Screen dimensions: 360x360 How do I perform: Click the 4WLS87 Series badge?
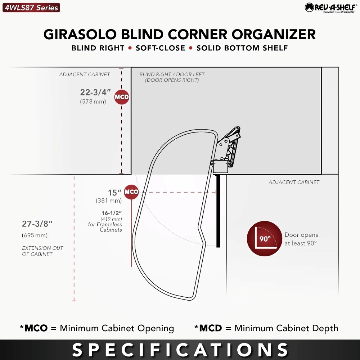coord(31,8)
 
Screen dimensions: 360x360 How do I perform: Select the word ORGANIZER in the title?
coord(274,35)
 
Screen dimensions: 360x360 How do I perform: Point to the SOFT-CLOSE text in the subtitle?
coord(160,48)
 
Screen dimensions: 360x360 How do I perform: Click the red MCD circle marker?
coord(122,97)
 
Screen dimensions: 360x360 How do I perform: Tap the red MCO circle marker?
coord(131,192)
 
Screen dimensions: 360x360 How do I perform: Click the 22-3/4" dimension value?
coord(95,92)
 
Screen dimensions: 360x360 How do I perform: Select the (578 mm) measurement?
coord(93,102)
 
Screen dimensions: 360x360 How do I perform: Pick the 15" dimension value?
coord(114,193)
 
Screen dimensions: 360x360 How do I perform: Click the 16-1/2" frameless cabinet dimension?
coord(112,213)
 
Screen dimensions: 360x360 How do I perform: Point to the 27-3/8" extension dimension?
coord(37,224)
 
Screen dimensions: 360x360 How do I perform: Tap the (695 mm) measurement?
coord(35,235)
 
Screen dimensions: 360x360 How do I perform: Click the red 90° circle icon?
coord(265,239)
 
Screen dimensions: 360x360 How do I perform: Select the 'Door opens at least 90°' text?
coord(301,239)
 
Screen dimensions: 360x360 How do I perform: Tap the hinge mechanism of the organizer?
coord(226,149)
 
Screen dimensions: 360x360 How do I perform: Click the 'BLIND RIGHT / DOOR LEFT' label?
coord(172,75)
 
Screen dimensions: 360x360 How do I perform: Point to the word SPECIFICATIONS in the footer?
coord(180,350)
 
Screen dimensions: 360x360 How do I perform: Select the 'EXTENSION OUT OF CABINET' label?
coord(42,251)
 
